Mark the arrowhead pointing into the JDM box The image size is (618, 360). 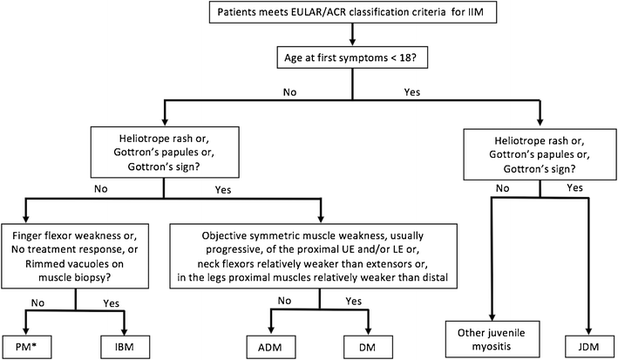point(579,324)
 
